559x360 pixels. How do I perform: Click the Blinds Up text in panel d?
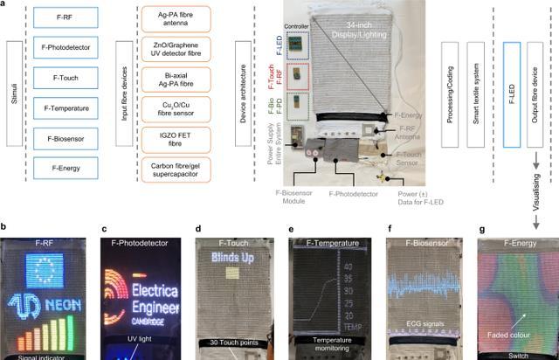tap(230, 260)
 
